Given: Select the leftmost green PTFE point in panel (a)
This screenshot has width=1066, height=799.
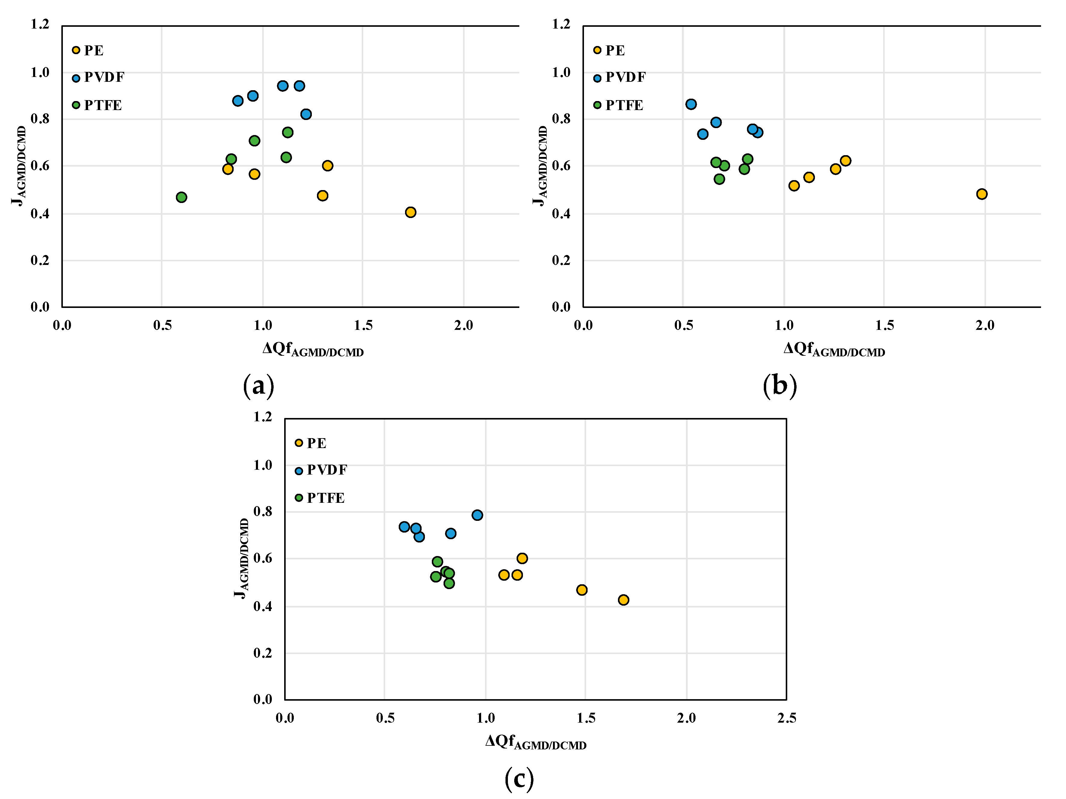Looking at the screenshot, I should coord(181,197).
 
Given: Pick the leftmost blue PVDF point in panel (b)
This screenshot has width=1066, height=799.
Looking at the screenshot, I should coord(691,104).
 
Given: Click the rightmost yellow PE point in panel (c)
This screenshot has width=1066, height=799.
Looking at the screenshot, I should coord(623,600).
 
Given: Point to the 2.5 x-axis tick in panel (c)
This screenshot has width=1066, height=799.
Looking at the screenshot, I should coord(786,718).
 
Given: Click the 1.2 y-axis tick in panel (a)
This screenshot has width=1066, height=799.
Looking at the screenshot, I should coord(40,24).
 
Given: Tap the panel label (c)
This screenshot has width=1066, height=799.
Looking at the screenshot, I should coord(519,778).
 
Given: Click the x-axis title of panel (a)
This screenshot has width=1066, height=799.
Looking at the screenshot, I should coord(313,349).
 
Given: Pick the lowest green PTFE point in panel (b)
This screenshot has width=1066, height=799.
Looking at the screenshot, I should coord(719,179).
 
